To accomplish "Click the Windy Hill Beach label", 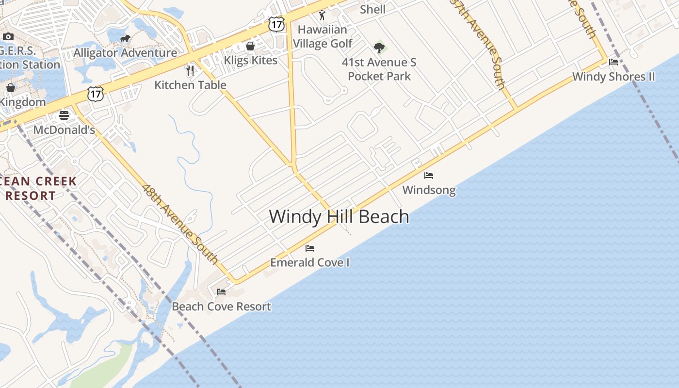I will click(339, 216).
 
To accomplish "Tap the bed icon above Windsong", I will click(429, 176).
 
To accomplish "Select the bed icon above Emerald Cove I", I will click(310, 248).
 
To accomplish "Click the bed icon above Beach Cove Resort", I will click(221, 292).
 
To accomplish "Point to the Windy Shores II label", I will click(614, 77).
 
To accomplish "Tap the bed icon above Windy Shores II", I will click(614, 62).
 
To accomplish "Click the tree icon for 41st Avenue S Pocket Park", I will click(379, 48).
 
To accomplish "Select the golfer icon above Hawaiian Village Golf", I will click(322, 15).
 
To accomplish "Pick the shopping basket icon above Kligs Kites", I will click(250, 46).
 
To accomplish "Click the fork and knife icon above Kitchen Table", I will click(190, 71).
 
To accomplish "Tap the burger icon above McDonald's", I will click(64, 115).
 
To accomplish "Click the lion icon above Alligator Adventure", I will click(125, 38).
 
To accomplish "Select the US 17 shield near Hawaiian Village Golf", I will click(276, 24).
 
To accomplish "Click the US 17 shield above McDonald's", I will click(96, 94).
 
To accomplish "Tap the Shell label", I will click(372, 9).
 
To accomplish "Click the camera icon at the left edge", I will click(8, 37).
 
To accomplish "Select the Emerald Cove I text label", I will click(310, 262).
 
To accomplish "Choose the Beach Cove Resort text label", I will click(221, 307).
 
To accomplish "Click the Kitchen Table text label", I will click(190, 85).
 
